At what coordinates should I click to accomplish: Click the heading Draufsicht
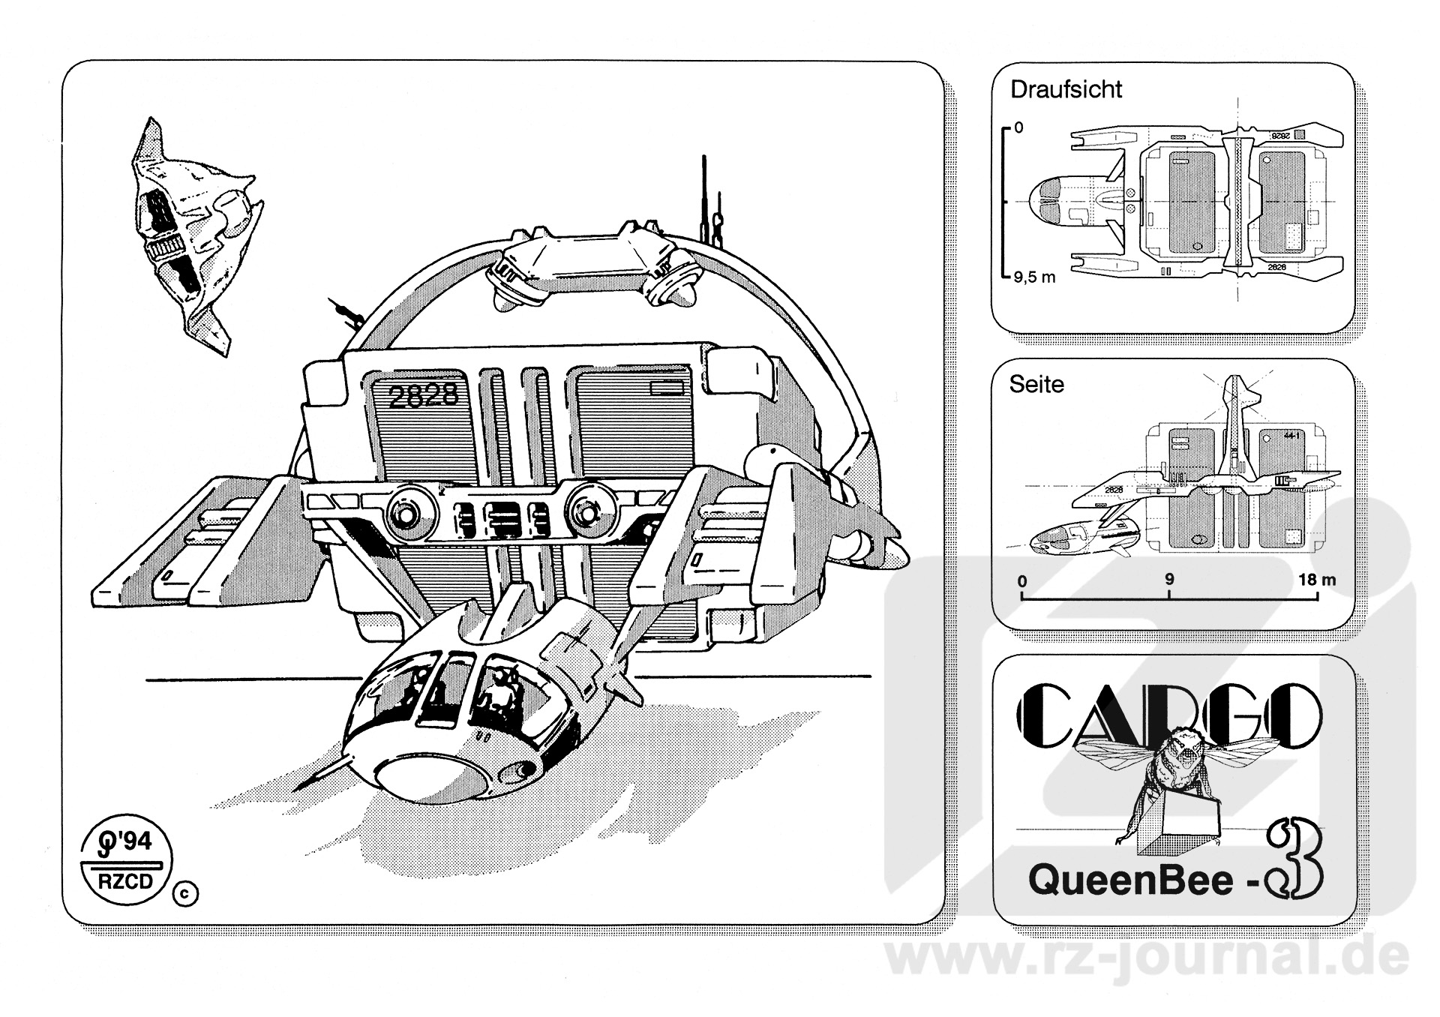(x=1066, y=89)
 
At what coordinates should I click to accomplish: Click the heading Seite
(x=1036, y=384)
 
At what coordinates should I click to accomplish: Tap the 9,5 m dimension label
(x=1034, y=277)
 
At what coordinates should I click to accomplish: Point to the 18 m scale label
(x=1317, y=580)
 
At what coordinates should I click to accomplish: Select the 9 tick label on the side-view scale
(x=1169, y=580)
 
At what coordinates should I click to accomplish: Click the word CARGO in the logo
(x=1169, y=718)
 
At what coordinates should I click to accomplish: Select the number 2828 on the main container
(x=423, y=395)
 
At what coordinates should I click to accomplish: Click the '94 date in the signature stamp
(x=132, y=842)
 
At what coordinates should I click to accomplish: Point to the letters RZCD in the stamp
(x=125, y=880)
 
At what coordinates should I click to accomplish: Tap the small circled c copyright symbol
(x=186, y=893)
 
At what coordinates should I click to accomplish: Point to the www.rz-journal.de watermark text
(x=1147, y=961)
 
